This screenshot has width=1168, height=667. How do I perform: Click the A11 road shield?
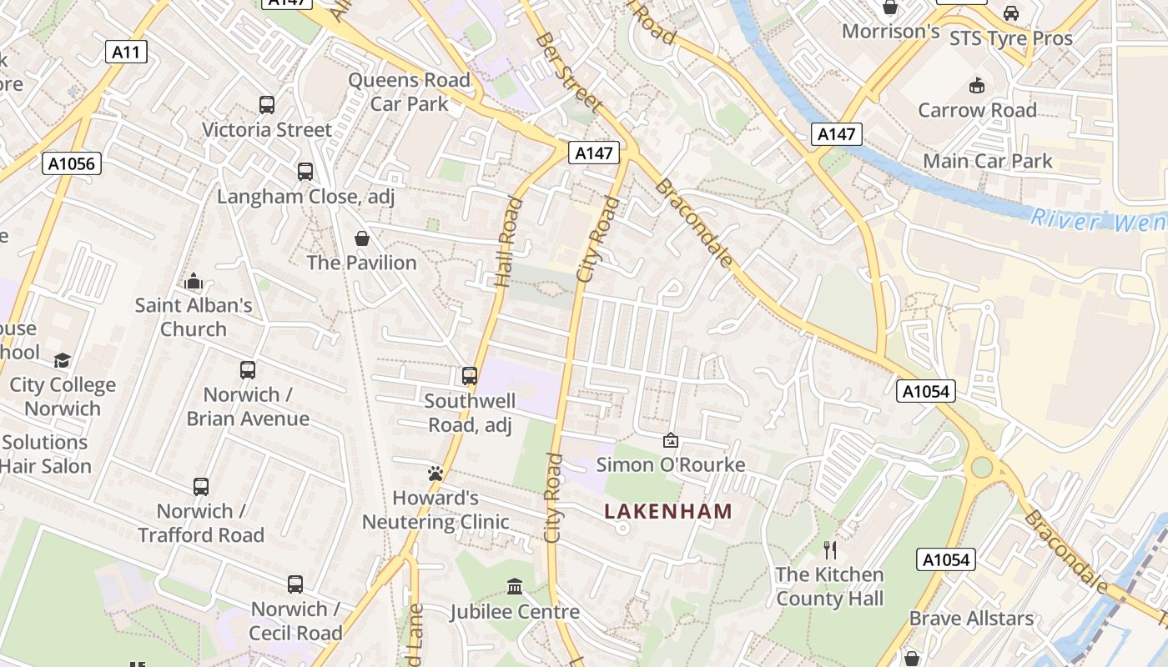pos(127,52)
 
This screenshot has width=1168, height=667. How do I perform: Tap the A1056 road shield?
pos(72,163)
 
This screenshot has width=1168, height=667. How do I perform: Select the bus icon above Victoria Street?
pos(267,105)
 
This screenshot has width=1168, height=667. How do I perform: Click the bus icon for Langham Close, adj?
pos(305,172)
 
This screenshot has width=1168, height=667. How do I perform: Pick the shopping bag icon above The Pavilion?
pos(362,238)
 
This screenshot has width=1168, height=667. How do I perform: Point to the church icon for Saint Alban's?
pos(194,281)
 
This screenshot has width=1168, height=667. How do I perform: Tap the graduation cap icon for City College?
pos(63,360)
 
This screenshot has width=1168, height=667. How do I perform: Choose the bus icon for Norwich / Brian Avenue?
pos(248,369)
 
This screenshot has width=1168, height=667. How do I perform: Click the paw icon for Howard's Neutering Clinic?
pos(435,474)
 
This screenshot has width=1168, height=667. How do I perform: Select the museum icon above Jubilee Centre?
pos(515,587)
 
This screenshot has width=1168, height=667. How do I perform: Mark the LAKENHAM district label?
pos(668,511)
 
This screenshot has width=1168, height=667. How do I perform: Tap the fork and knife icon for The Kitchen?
pos(830,549)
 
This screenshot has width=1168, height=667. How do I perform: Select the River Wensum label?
pos(1098,221)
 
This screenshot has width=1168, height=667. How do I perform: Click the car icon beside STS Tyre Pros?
pos(1011,13)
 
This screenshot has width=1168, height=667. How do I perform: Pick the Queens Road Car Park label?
pos(410,92)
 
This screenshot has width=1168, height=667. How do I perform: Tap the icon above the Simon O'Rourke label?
pos(671,440)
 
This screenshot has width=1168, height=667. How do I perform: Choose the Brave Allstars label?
pos(971,619)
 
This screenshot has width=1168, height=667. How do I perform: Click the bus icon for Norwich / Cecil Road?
pos(295,584)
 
